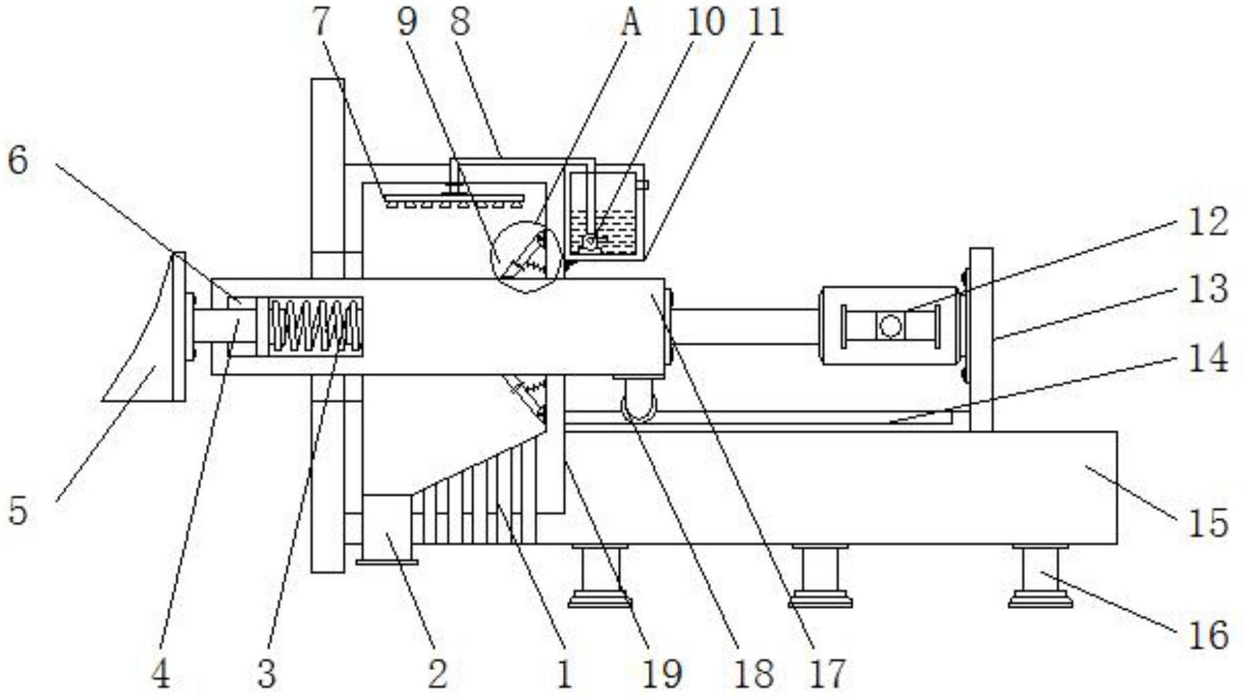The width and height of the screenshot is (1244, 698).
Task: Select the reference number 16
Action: pos(1208,635)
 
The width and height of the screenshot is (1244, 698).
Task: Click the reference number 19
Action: pos(662,673)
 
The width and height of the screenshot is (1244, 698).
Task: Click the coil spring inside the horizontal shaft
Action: pos(316,326)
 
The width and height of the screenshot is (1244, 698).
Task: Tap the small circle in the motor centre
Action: pos(891,325)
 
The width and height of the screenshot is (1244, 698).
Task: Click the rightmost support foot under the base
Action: pos(1041,576)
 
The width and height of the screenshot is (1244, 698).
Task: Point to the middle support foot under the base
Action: pos(820,576)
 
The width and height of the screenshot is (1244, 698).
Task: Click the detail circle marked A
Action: pos(526,257)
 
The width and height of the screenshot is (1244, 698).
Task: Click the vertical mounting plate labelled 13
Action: pos(981,340)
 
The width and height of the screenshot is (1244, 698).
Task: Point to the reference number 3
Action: pos(266,673)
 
